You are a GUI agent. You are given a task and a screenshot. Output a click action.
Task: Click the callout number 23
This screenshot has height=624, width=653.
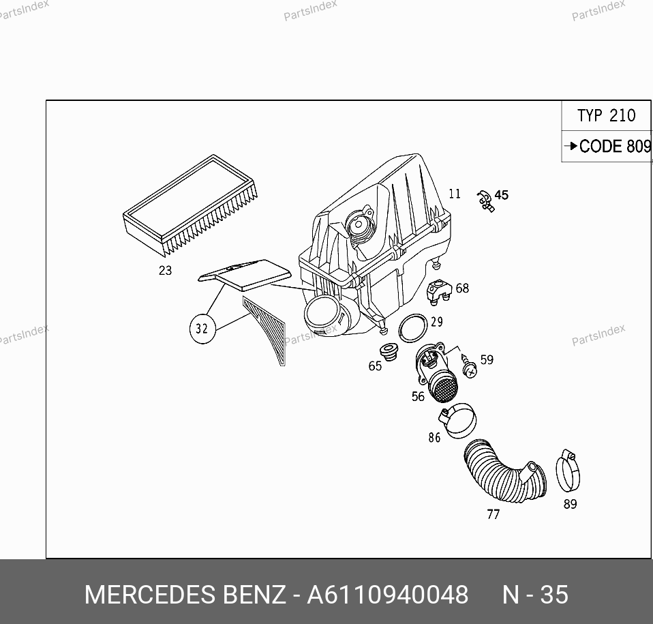click(x=165, y=271)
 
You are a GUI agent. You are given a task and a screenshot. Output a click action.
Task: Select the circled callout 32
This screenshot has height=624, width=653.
click(x=202, y=329)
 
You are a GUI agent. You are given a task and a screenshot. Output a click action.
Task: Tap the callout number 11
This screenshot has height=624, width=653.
click(x=455, y=194)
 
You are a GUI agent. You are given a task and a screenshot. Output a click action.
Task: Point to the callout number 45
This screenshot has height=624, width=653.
click(x=502, y=195)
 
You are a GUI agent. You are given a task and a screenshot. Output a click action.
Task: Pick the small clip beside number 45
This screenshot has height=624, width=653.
click(x=485, y=200)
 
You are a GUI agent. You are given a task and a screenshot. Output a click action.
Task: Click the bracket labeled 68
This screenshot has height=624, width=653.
click(x=440, y=290)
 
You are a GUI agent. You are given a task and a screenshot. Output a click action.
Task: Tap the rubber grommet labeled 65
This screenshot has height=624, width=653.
click(x=389, y=352)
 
